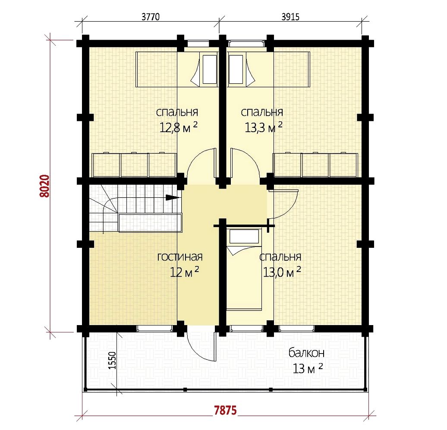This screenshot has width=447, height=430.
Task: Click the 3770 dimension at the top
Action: pos(151,17)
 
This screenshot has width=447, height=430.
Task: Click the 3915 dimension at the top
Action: pos(290,17)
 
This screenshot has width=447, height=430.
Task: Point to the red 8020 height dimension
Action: pos(45,186)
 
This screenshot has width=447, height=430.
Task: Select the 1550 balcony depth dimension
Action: pos(113,360)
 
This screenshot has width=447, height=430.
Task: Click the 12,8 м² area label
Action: pos(178,127)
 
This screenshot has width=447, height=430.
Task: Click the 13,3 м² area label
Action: pos(263,127)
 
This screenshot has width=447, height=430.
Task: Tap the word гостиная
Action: pos(180,257)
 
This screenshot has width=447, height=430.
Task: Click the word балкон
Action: pos(306,353)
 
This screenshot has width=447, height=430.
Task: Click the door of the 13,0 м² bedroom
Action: pos(283,204)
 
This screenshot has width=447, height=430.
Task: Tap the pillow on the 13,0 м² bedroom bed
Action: pos(244,236)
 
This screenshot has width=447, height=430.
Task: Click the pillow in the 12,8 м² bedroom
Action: pos(210,70)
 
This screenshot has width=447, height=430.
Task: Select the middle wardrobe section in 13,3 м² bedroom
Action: pos(315,165)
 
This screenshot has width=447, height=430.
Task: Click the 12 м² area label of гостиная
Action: pos(184,272)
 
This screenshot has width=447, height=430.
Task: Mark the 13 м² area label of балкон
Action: pos(308,369)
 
